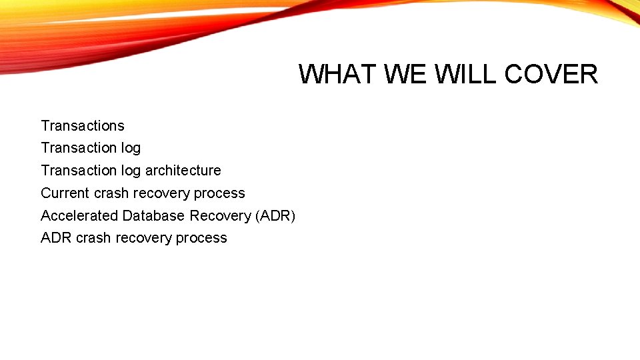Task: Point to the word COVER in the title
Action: (551, 74)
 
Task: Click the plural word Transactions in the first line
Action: (83, 126)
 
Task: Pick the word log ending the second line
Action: (131, 148)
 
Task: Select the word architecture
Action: (183, 171)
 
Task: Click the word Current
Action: (65, 193)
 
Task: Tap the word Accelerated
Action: (79, 216)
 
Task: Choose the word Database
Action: (154, 216)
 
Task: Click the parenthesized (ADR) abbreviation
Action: (275, 216)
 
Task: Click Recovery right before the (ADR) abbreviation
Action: (221, 216)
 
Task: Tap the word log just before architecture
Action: (131, 171)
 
